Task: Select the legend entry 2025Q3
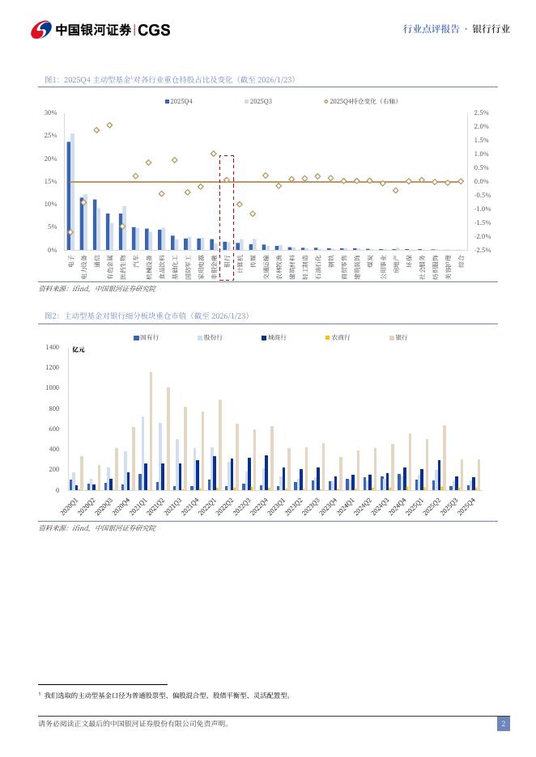pos(258,101)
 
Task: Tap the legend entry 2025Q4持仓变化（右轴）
pos(361,101)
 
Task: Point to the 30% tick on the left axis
pos(50,113)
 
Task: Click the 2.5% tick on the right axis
pos(481,113)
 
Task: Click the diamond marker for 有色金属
pos(109,125)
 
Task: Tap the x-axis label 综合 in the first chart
pos(462,260)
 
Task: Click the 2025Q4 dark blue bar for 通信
pos(95,224)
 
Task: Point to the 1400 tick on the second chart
pos(52,348)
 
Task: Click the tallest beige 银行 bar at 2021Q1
pos(151,430)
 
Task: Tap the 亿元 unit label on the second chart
pos(79,349)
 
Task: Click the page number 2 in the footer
pos(503,724)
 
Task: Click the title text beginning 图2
pos(147,315)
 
